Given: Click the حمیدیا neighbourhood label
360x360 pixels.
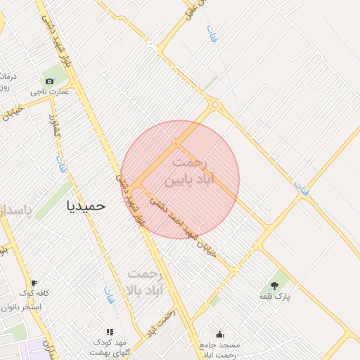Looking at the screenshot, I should [x=85, y=206].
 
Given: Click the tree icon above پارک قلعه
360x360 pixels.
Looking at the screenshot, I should [x=274, y=285].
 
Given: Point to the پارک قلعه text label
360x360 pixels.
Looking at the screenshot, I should [x=274, y=297].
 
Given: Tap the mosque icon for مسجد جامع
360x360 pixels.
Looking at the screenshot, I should [x=220, y=335].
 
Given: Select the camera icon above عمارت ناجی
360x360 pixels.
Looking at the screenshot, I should [x=49, y=81].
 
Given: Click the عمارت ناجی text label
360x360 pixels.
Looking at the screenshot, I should [x=54, y=91].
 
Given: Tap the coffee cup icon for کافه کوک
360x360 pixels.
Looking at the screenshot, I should [x=34, y=283].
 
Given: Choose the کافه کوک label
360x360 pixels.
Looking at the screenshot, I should [x=32, y=293].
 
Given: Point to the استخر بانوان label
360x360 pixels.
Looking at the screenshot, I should [x=21, y=307].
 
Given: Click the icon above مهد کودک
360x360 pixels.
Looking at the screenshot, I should [x=109, y=332].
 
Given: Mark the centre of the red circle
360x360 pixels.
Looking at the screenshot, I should [x=180, y=179].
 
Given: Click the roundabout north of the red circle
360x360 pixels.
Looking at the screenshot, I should [x=215, y=106].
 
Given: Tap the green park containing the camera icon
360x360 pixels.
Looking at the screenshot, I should [x=51, y=75].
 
